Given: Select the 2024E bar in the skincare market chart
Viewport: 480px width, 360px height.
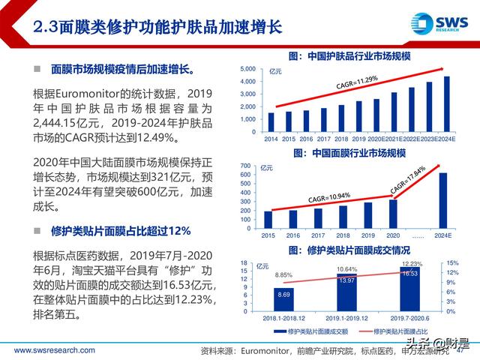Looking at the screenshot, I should pyautogui.click(x=446, y=103).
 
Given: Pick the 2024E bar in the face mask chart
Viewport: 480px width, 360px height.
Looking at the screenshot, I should pyautogui.click(x=443, y=199).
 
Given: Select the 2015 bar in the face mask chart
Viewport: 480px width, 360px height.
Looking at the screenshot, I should pyautogui.click(x=268, y=218).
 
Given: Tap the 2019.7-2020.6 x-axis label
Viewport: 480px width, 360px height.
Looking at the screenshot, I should pyautogui.click(x=409, y=318).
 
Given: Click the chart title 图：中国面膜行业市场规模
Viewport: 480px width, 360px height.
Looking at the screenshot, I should pyautogui.click(x=348, y=153).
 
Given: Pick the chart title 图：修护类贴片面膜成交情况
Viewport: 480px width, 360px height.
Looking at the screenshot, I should pyautogui.click(x=348, y=250).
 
